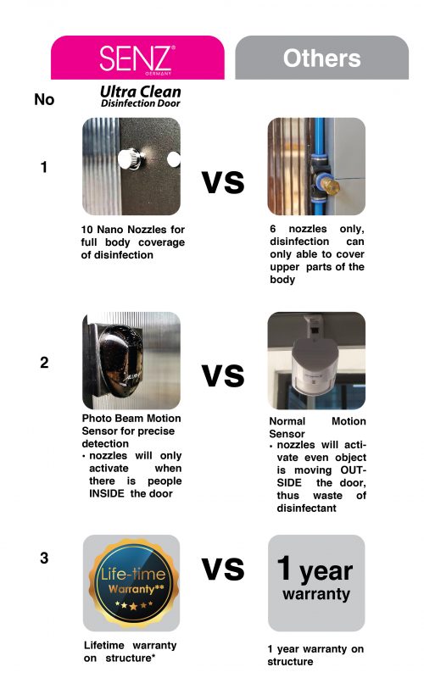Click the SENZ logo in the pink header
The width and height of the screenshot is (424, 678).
click(x=137, y=59)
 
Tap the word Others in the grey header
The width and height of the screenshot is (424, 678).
click(x=321, y=58)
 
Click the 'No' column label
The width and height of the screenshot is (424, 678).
click(x=44, y=99)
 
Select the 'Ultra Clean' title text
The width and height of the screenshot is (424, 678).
click(x=141, y=92)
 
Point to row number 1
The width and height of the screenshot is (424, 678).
click(x=44, y=167)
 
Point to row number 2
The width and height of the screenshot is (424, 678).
click(x=44, y=363)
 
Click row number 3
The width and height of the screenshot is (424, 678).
click(x=44, y=558)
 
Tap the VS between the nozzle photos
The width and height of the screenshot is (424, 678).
click(x=223, y=182)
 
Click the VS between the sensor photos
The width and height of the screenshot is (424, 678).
click(x=223, y=375)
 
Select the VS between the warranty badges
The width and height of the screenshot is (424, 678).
click(x=223, y=569)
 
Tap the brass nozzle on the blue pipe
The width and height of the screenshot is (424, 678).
click(x=330, y=186)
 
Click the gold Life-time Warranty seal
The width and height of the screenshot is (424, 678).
click(x=133, y=582)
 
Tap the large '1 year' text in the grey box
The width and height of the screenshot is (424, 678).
click(x=315, y=569)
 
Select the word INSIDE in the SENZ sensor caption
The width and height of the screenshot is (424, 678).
click(x=107, y=493)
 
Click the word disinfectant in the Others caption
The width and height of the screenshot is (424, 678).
click(x=306, y=508)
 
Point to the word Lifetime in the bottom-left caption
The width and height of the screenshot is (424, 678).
click(x=103, y=645)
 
